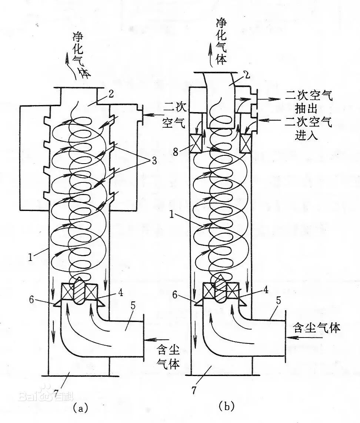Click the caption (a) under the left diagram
(80, 408)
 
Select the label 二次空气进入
(309, 127)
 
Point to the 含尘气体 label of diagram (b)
(316, 328)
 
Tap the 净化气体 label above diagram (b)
(221, 40)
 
